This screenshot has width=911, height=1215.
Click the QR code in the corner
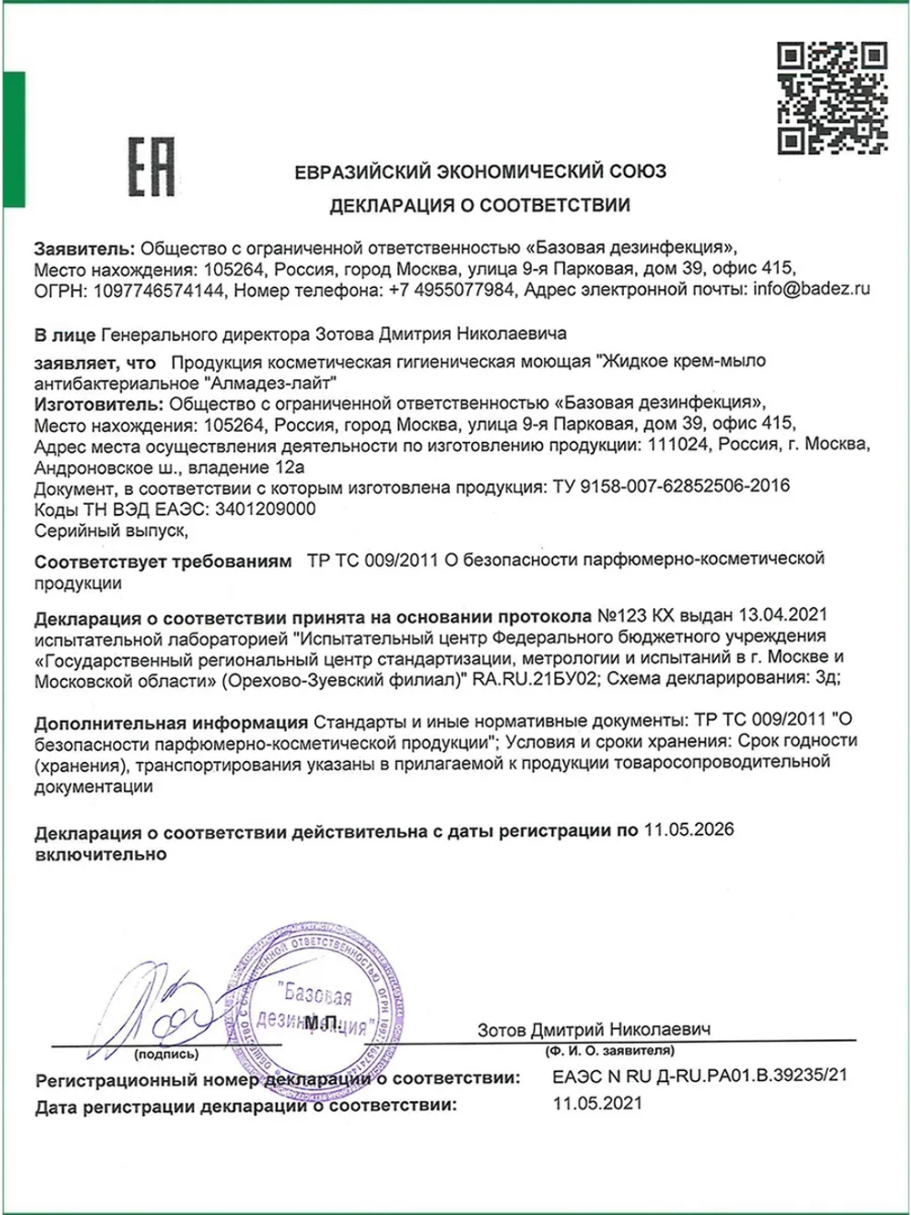click(x=831, y=98)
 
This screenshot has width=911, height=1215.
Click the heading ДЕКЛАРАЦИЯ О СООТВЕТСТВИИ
click(x=479, y=206)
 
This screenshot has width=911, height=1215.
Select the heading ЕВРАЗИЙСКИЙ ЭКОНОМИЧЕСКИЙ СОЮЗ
click(x=479, y=171)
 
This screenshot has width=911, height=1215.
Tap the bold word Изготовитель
click(x=97, y=402)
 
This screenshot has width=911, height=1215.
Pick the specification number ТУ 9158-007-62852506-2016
click(x=670, y=486)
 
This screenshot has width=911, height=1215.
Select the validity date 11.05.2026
click(x=688, y=829)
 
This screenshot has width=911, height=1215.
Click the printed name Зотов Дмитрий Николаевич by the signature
click(x=593, y=1029)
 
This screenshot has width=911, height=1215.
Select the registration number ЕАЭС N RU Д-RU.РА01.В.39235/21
click(x=700, y=1076)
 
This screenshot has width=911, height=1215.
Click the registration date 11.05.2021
click(x=597, y=1103)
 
